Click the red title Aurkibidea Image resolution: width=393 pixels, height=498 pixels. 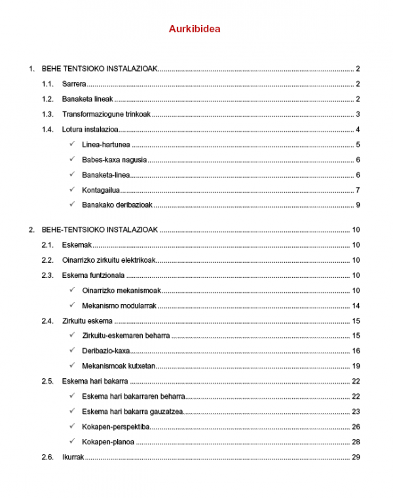tap(195, 29)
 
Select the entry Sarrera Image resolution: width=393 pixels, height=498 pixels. tap(75, 84)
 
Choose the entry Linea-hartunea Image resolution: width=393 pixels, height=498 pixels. tap(106, 145)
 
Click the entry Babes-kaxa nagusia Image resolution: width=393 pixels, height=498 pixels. tap(114, 160)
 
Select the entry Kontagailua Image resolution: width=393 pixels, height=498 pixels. tap(102, 190)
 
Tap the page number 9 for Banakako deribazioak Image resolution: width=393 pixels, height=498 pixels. tap(358, 205)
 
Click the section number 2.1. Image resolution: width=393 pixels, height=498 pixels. tap(47, 245)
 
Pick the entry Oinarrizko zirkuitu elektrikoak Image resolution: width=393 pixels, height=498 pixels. tap(109, 260)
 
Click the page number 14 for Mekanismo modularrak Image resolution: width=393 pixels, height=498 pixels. tap(356, 306)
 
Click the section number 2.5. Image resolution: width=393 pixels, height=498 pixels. tap(47, 381)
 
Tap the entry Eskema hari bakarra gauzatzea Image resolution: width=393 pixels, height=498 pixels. tap(133, 412)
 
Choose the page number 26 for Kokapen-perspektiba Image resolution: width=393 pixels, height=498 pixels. tap(356, 427)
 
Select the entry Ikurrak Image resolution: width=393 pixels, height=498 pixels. tap(73, 457)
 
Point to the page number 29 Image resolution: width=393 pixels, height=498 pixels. tap(356, 457)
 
